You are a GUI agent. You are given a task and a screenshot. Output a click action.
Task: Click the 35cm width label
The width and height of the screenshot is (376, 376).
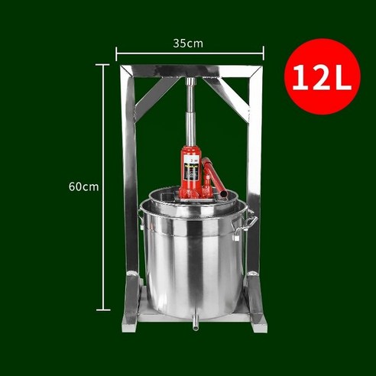[188, 44]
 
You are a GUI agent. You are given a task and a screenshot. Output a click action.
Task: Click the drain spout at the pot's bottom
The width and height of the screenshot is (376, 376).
[194, 325]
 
